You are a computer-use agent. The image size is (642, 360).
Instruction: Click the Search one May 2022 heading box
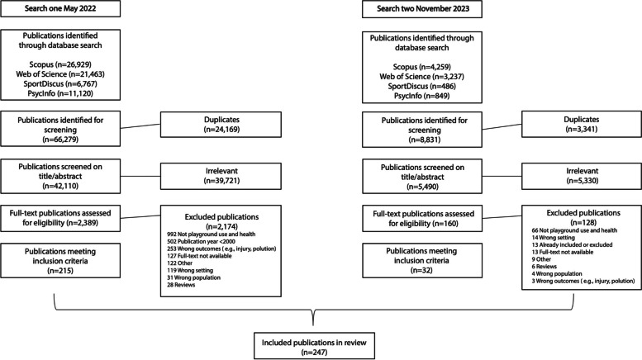pos(60,8)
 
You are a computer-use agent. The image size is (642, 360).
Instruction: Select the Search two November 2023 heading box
pos(422,9)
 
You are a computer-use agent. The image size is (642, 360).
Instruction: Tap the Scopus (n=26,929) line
pos(60,64)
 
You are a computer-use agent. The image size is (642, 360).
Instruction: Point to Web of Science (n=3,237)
pos(421,77)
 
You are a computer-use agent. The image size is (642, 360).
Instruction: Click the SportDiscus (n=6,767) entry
pos(60,84)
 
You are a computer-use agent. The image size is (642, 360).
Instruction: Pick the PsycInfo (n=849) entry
pos(421,96)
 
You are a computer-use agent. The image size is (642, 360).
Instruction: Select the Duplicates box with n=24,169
pos(221,125)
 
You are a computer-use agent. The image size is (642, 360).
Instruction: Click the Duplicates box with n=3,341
pos(582,124)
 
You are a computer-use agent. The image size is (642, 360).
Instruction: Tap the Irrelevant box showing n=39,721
pos(221,177)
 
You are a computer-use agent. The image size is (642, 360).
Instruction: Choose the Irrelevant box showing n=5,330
pos(582,176)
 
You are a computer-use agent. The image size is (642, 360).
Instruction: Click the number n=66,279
pos(60,140)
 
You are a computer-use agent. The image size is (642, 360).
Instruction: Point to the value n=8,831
pos(424,140)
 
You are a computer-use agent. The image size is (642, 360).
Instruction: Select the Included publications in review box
pos(314,346)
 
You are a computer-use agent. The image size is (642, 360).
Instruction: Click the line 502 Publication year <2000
pos(201,241)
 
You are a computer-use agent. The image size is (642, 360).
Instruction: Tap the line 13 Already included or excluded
pos(572,244)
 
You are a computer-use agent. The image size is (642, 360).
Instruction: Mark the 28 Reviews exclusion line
pos(181,285)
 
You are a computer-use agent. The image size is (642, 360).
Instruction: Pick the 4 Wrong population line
pos(557,273)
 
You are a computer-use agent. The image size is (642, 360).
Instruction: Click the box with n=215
pos(60,261)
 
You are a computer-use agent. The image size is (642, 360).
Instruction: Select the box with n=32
pos(422,261)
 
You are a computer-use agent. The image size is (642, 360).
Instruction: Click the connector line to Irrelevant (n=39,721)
pos(140,177)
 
